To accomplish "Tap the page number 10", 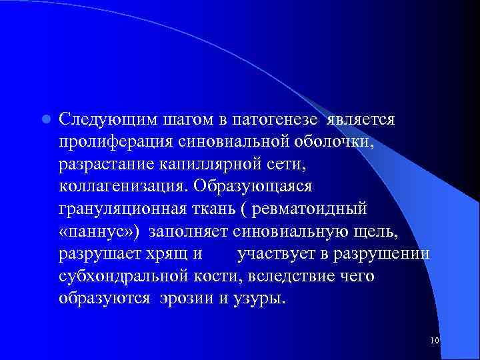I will pyautogui.click(x=435, y=341).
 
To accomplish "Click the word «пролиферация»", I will pyautogui.click(x=115, y=142).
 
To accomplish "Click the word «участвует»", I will pyautogui.click(x=277, y=254).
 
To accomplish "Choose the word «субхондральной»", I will pyautogui.click(x=121, y=277).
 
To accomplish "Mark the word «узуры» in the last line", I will pyautogui.click(x=258, y=299).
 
